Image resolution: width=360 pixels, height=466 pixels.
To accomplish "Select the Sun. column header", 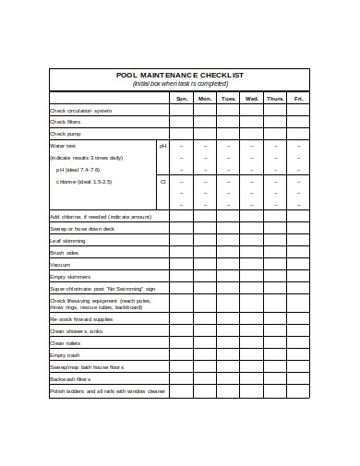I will [181, 99].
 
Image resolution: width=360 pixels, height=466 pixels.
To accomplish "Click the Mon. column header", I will [205, 99].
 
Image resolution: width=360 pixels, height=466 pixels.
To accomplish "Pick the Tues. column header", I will [228, 99].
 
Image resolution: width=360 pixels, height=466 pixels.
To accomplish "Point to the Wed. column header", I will [251, 99].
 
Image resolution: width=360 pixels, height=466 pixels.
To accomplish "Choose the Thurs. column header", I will [275, 99].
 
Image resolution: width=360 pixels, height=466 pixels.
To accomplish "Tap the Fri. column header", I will [298, 99].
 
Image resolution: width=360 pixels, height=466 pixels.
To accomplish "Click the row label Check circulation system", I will [80, 111].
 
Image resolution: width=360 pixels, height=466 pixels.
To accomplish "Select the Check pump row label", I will [66, 134].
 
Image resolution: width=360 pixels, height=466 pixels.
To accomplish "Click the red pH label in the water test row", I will [162, 146].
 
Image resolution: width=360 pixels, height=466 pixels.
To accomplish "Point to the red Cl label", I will [162, 181].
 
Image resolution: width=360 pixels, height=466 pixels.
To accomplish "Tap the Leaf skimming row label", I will [69, 240].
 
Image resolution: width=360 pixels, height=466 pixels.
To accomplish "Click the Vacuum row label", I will [60, 264].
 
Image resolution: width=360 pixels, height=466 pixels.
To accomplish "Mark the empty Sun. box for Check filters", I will [181, 122].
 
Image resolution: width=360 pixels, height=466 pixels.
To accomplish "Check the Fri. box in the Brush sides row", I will [298, 252].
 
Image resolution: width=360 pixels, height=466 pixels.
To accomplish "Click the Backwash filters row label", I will [70, 378].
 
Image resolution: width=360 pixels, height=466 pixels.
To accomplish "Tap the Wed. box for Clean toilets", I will [251, 343].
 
